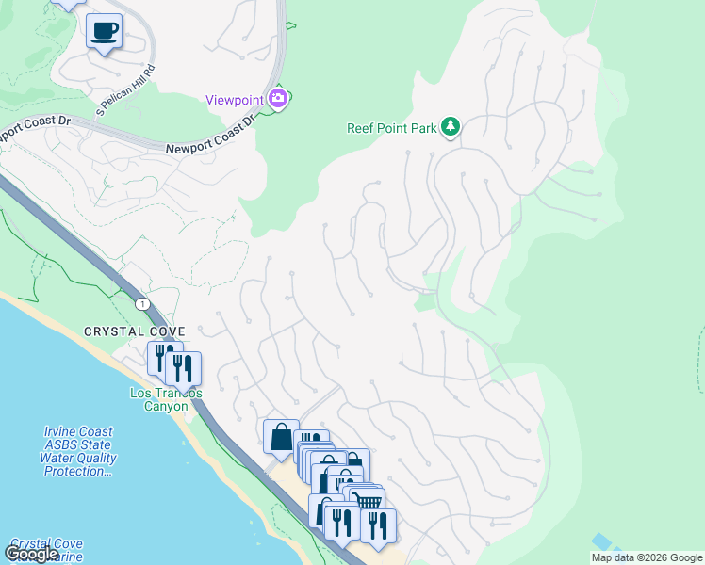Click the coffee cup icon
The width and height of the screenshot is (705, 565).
tap(104, 31)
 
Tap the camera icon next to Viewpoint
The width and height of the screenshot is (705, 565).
tap(278, 97)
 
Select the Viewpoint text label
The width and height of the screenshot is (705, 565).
tap(235, 100)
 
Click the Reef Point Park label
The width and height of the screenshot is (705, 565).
tap(391, 128)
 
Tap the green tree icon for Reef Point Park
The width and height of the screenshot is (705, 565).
tap(451, 126)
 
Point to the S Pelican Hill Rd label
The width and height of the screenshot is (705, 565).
tap(125, 91)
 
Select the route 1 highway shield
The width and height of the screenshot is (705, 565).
tap(142, 303)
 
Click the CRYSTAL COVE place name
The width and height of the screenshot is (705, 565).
tap(134, 331)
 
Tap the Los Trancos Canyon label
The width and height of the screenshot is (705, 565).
tap(166, 398)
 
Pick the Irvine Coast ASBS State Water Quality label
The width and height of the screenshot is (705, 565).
tap(79, 451)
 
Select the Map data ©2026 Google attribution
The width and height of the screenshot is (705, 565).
tap(647, 557)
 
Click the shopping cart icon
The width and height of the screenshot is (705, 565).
tap(369, 502)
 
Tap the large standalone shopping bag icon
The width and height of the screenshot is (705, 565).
tap(281, 436)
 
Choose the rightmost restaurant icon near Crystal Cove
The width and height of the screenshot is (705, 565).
tap(185, 368)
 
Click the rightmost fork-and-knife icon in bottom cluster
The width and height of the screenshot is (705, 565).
tap(377, 524)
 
